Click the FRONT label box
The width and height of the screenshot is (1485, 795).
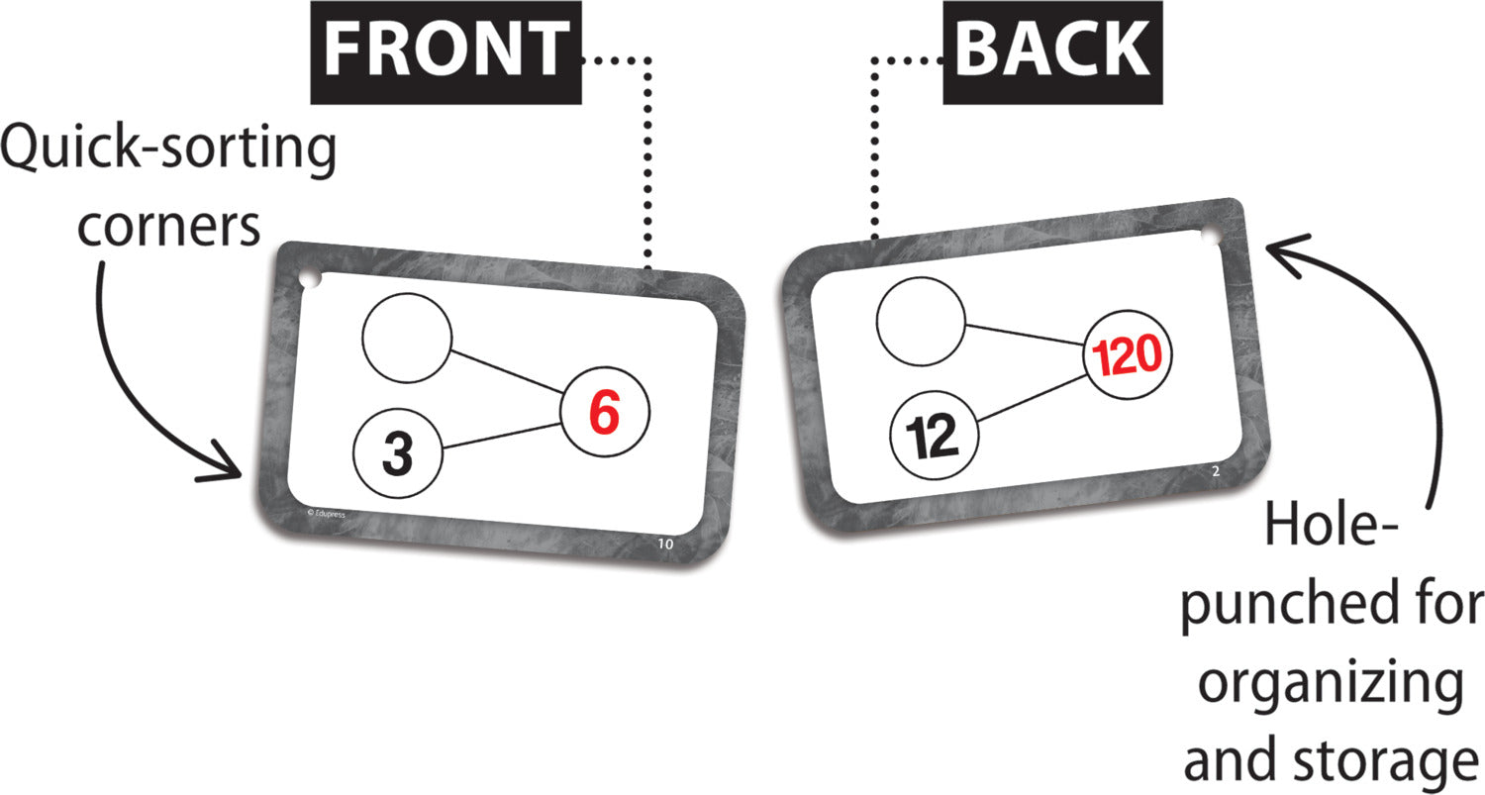pyautogui.click(x=446, y=52)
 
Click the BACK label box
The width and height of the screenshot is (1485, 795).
pyautogui.click(x=1052, y=52)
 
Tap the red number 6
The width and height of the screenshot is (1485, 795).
pyautogui.click(x=605, y=413)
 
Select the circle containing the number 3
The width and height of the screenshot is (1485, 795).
pyautogui.click(x=397, y=452)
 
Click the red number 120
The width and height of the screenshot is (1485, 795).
pyautogui.click(x=1127, y=355)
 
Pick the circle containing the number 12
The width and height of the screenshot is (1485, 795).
pyautogui.click(x=934, y=435)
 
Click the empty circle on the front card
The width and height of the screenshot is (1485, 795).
pyautogui.click(x=407, y=339)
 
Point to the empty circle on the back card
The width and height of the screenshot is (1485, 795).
pyautogui.click(x=921, y=321)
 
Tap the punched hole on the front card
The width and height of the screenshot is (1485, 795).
pyautogui.click(x=310, y=279)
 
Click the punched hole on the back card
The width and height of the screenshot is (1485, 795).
pyautogui.click(x=1210, y=237)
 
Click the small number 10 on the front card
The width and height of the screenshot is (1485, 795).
pyautogui.click(x=665, y=544)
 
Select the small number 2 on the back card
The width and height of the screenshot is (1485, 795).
pyautogui.click(x=1216, y=471)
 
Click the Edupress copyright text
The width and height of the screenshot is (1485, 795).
pyautogui.click(x=326, y=513)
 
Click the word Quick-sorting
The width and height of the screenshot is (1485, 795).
pyautogui.click(x=168, y=149)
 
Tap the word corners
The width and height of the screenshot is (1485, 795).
pyautogui.click(x=168, y=228)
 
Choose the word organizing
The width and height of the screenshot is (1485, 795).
pyautogui.click(x=1332, y=685)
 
